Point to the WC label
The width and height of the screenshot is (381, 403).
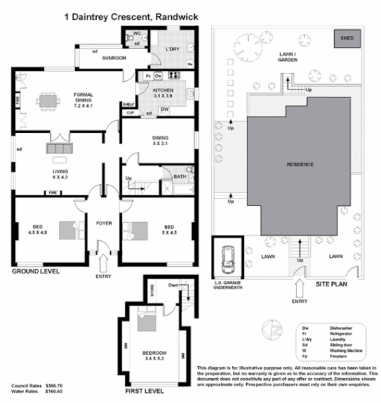pos(136,33)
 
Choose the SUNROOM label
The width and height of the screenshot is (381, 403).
pos(114,58)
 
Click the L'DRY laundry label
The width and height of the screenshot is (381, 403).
pos(172,49)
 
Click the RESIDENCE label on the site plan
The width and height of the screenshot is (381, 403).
pos(300,163)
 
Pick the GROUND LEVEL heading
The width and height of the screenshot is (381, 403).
pos(35,272)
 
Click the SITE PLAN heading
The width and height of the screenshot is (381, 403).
pos(331,284)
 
